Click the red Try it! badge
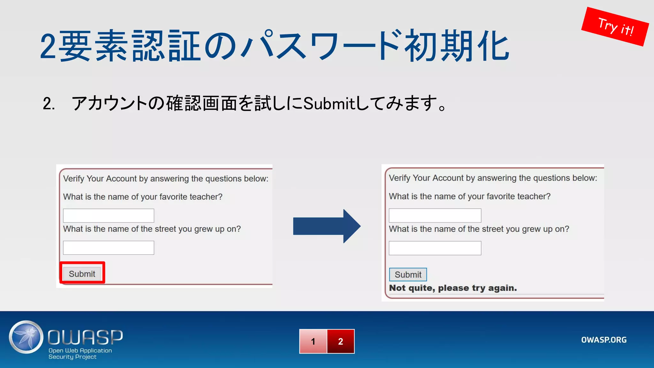pos(615,27)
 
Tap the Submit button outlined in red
pos(82,274)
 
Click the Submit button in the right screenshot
pos(408,274)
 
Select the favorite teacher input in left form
pos(109,216)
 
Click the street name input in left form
pos(109,248)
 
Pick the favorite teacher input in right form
pos(435,216)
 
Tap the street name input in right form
pos(435,248)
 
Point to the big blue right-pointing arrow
pos(327,226)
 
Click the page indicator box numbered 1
pos(313,341)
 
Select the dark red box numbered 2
pos(341,341)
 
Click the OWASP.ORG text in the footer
pos(604,340)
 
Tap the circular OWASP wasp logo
pos(26,337)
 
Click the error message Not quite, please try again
pos(453,288)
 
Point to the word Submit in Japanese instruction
pos(329,103)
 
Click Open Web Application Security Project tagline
pos(80,354)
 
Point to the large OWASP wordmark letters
pos(85,337)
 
